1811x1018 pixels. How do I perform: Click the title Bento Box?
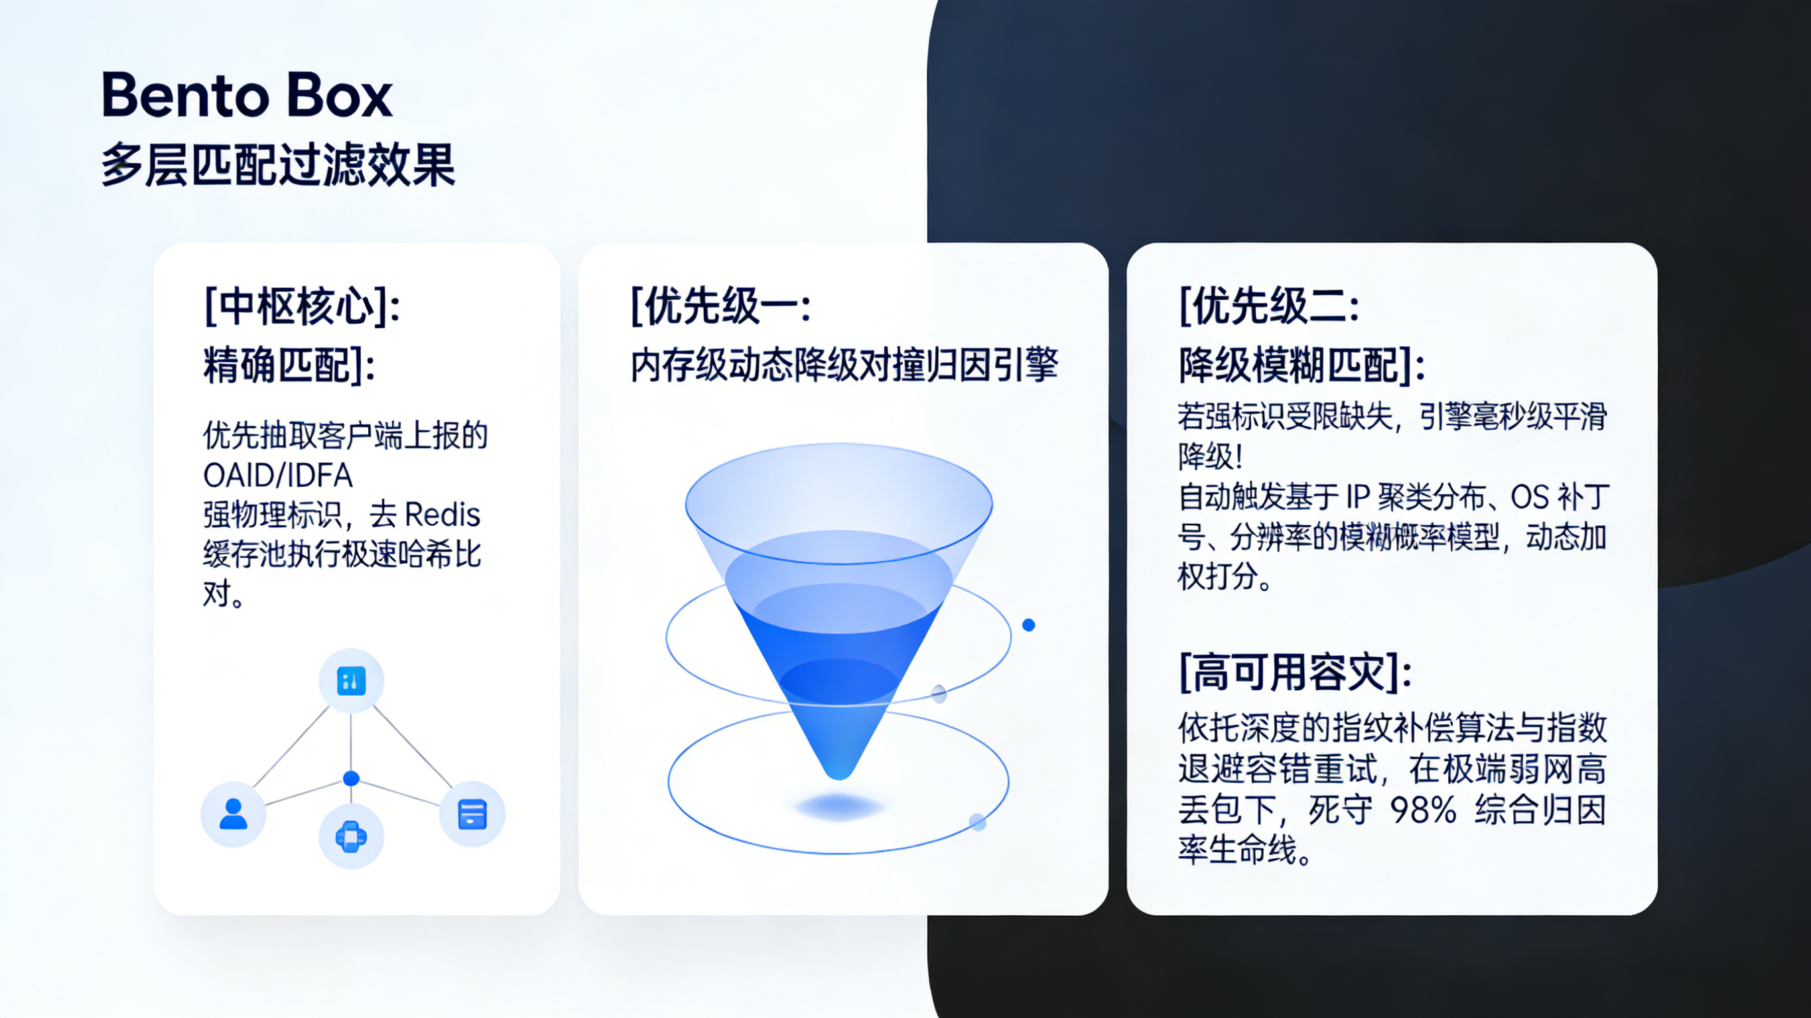pos(246,95)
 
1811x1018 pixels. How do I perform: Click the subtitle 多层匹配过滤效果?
pos(278,165)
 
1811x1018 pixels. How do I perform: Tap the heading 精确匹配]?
pos(289,365)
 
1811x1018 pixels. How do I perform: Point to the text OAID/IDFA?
pos(278,476)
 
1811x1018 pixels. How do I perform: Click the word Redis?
pos(442,515)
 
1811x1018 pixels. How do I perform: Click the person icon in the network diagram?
pos(233,814)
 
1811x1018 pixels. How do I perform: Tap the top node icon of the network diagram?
pos(351,680)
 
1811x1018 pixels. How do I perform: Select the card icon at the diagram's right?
pos(472,814)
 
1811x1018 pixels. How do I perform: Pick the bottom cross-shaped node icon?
pos(351,836)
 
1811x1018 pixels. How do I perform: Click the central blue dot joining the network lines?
pos(351,779)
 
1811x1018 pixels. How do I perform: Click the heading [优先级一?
pos(720,306)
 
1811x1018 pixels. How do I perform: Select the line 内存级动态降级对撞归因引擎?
pos(844,365)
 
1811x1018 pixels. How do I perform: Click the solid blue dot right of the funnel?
pos(1028,625)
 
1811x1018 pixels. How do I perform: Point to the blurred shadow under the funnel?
pos(838,806)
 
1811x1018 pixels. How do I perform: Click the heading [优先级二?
pos(1269,306)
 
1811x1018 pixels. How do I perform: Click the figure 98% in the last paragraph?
pos(1423,810)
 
